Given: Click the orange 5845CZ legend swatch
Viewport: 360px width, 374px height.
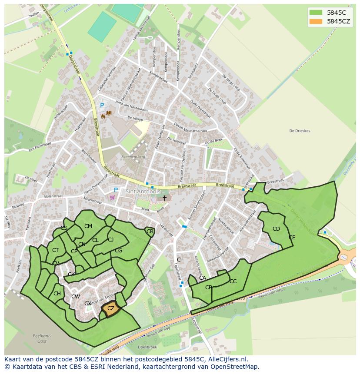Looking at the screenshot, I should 316,21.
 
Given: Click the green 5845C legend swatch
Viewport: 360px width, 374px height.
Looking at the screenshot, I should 316,13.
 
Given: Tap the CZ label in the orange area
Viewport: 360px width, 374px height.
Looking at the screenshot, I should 111,308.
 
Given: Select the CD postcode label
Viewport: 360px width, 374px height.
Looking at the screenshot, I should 276,229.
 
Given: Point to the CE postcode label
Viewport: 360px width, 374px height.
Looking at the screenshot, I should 292,238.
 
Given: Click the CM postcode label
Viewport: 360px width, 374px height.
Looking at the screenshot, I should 88,226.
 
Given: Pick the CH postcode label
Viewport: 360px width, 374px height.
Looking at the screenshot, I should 57,294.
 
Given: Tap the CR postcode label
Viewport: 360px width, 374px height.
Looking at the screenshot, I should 150,232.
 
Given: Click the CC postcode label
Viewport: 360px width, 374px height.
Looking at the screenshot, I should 233,281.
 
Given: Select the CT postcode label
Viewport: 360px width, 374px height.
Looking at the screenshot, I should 55,250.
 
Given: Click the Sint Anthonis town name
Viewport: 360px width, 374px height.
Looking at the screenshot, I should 143,191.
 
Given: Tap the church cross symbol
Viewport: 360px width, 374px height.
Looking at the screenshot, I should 164,198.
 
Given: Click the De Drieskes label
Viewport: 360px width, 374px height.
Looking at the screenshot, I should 300,131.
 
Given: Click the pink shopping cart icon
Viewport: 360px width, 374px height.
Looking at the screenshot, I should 113,197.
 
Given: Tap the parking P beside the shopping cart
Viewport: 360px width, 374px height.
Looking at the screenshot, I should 116,190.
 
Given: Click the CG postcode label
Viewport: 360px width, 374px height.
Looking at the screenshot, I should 119,251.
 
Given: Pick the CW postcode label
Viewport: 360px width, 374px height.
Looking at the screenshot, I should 76,297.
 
